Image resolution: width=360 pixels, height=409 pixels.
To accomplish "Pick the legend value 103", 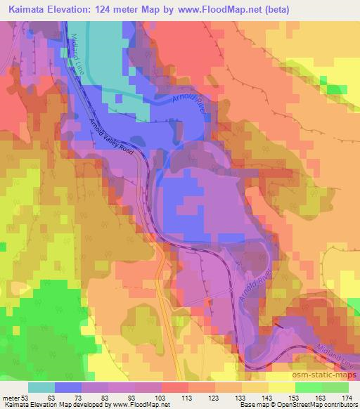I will pos(158,398).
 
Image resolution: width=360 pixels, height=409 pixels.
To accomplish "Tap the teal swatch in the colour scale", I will pos(42,387).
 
